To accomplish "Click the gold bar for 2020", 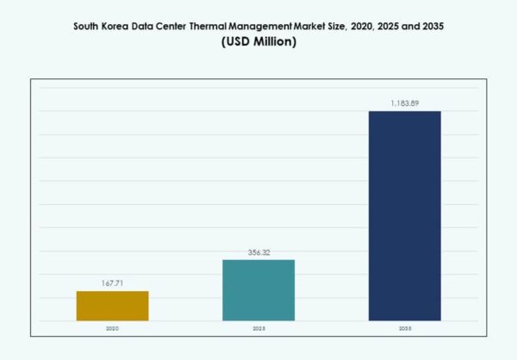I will pos(112,306).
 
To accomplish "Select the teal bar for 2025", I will pos(258,290).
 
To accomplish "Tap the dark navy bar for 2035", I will pos(404,215).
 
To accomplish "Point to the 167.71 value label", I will pos(112,283).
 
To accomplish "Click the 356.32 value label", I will pos(258,252).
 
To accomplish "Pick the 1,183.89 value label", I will pos(404,103).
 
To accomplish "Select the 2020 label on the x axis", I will pos(112,328).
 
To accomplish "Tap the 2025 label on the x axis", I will pos(258,328).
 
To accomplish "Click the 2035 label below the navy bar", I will pos(404,328).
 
